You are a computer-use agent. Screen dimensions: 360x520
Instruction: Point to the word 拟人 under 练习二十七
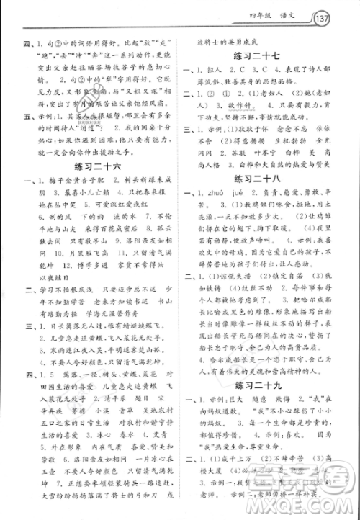point(220,76)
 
